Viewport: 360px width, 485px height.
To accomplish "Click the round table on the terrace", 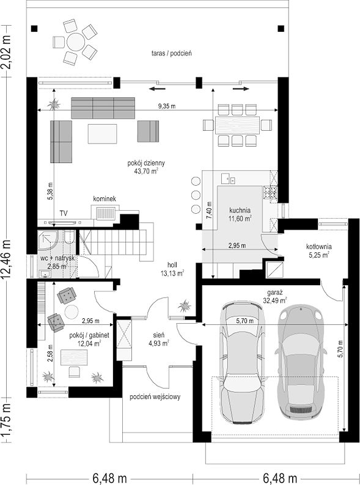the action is [x=76, y=42].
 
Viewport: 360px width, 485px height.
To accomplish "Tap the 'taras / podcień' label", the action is [x=172, y=53].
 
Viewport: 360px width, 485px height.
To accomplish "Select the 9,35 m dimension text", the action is [x=167, y=106].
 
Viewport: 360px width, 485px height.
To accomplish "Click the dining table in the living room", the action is [x=237, y=125].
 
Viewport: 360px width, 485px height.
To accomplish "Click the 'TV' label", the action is [x=64, y=213].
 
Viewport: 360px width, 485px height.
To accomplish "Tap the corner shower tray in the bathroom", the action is [x=48, y=240].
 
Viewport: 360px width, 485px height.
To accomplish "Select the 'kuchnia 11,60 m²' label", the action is [x=240, y=214].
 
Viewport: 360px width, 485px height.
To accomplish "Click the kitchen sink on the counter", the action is [x=228, y=178].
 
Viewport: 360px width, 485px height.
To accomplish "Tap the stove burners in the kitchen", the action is [x=270, y=192].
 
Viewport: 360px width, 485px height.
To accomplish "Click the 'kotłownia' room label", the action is [x=319, y=247].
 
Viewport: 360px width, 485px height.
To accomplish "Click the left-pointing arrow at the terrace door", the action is [x=156, y=89].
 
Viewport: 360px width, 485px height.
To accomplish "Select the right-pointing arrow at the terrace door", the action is [x=241, y=89].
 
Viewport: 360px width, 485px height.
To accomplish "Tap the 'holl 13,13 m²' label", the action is [x=172, y=269].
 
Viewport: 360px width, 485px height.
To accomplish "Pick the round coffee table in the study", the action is [x=72, y=312].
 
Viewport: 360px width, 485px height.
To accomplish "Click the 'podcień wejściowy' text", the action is [x=155, y=397].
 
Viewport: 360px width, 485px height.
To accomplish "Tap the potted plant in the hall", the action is [x=185, y=306].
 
